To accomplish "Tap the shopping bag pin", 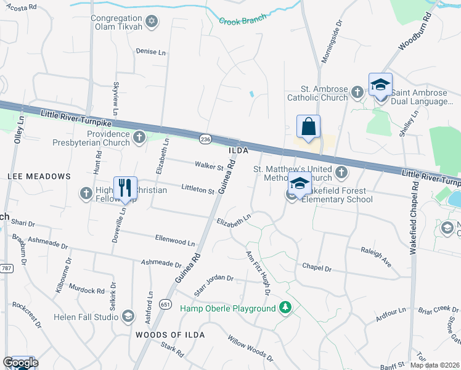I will click(x=308, y=127).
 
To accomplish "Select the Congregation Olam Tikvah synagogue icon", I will click(x=152, y=22).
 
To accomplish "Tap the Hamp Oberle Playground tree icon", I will click(x=285, y=308).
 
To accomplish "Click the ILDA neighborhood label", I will click(x=238, y=150).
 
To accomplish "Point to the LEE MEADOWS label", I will click(x=39, y=176).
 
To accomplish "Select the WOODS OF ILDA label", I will click(x=169, y=334).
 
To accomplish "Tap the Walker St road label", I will click(x=209, y=166).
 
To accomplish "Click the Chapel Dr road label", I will click(x=317, y=268).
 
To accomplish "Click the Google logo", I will click(x=20, y=362).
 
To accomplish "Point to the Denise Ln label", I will click(x=151, y=52).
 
